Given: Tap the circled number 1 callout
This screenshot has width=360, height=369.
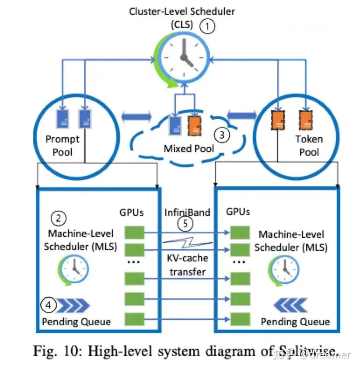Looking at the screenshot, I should click(x=208, y=27).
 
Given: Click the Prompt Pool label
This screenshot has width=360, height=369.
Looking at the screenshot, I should click(x=63, y=146).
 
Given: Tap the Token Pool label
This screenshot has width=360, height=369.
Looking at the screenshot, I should click(x=309, y=146).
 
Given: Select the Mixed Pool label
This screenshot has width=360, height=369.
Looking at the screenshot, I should click(x=189, y=149).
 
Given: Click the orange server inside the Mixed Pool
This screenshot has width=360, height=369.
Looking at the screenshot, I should click(x=195, y=125).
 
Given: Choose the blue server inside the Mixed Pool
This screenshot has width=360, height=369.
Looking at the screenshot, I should click(x=175, y=125).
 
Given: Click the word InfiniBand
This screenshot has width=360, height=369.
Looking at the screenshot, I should click(x=187, y=212).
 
